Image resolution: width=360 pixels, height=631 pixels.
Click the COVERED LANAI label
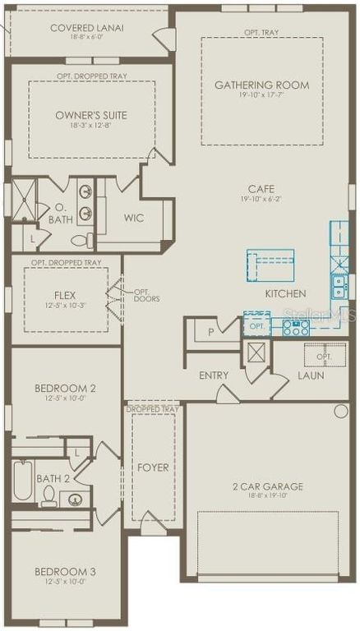[86, 28]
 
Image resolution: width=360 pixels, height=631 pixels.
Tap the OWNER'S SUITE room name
[91, 115]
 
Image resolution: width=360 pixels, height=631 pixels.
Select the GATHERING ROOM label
[261, 85]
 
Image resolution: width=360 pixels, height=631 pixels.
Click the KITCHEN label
[285, 293]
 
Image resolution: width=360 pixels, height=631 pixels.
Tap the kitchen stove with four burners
[296, 328]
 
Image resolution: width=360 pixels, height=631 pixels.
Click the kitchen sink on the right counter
[339, 285]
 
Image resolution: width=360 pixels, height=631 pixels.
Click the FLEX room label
[65, 295]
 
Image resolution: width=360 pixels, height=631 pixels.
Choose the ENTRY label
[214, 375]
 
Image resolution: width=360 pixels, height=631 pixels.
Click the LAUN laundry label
[311, 375]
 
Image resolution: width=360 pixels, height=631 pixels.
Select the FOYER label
[153, 467]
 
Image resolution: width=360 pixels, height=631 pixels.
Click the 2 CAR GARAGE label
[267, 486]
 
